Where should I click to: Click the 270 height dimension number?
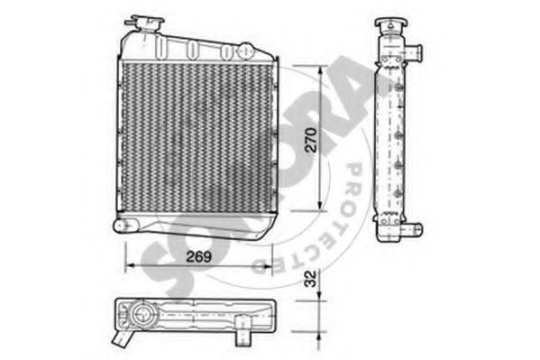point(311,140)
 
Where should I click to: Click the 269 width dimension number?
point(198,256)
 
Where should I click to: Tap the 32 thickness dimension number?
point(310,278)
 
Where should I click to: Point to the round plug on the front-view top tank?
point(246,51)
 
